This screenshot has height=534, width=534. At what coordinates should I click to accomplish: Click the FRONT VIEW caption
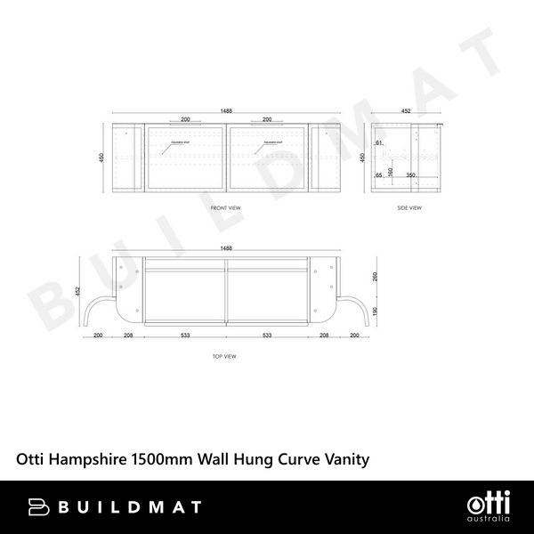coord(225,207)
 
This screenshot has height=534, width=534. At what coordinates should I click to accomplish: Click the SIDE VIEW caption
coord(409,207)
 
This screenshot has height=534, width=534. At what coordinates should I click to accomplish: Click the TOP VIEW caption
coord(224,356)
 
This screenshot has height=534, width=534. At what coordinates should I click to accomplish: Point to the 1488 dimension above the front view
coord(228,111)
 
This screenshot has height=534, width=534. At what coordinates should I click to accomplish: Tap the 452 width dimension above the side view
coord(406,111)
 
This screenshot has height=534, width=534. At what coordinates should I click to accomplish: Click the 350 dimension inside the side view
coord(410,175)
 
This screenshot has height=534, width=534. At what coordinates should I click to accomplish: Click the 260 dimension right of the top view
coord(376,276)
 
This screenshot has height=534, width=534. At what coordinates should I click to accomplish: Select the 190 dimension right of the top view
coord(376,311)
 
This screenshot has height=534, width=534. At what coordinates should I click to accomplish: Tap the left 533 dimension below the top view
coord(184,336)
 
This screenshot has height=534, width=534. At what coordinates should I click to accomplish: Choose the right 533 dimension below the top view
coord(267,336)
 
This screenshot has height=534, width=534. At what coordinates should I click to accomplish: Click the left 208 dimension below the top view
coord(128,336)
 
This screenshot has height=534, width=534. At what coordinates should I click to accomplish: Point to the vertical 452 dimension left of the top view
coord(77,291)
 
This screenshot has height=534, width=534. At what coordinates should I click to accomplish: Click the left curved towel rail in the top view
coord(101,306)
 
